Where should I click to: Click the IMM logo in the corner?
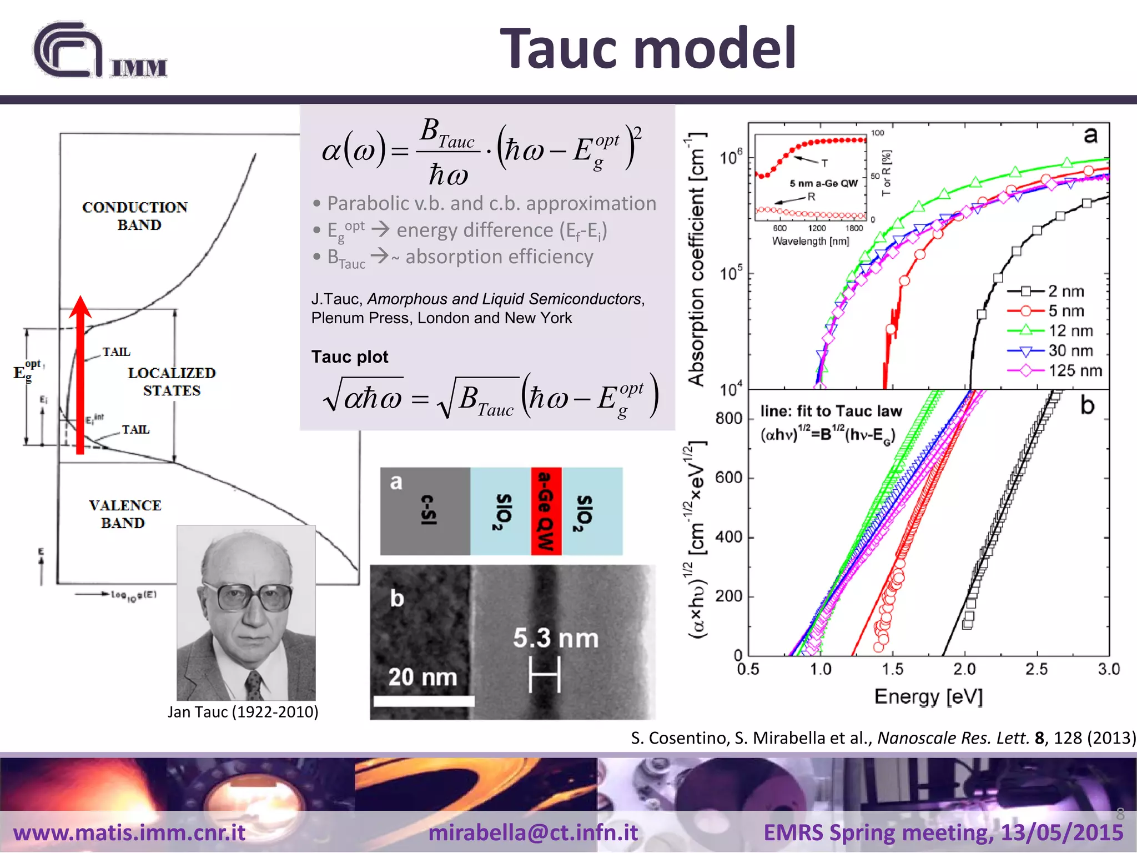[100, 51]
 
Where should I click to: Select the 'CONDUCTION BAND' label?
[135, 215]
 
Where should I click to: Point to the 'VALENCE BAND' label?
[124, 514]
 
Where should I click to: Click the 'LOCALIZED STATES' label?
[172, 382]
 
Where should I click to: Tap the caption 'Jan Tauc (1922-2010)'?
[243, 712]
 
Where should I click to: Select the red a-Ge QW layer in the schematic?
[546, 511]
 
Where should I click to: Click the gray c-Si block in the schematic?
[425, 511]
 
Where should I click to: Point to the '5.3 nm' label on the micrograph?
[556, 638]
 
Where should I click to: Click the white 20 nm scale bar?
[424, 701]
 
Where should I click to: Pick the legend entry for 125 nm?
[1054, 370]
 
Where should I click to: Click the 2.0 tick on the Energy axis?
[964, 669]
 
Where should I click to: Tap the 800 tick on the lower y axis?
[728, 418]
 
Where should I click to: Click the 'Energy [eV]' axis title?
[928, 696]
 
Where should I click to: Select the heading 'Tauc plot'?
[350, 357]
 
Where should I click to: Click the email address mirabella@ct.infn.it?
[533, 832]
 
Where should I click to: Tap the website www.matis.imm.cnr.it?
[129, 832]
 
